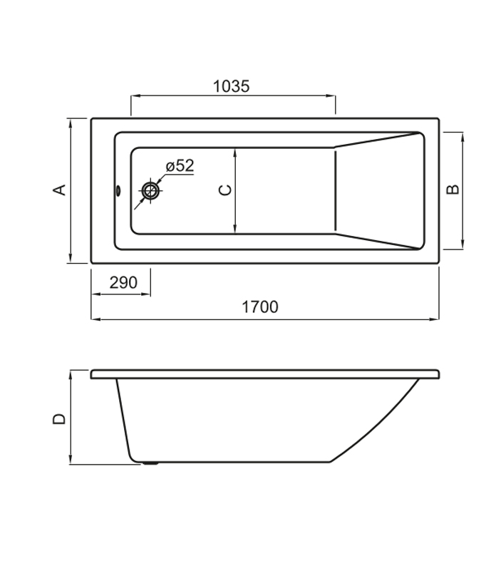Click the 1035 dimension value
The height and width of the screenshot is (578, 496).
[232, 86]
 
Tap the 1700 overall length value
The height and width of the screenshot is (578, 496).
[260, 307]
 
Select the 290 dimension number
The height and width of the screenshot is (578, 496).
[123, 283]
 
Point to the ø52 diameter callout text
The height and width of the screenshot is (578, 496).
[180, 166]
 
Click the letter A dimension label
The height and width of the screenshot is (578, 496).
[59, 190]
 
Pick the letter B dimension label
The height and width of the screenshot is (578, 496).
[453, 189]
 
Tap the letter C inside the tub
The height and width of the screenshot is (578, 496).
[225, 190]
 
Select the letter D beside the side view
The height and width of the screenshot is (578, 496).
[59, 419]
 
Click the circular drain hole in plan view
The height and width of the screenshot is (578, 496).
[150, 191]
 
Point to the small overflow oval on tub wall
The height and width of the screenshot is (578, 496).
[118, 190]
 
